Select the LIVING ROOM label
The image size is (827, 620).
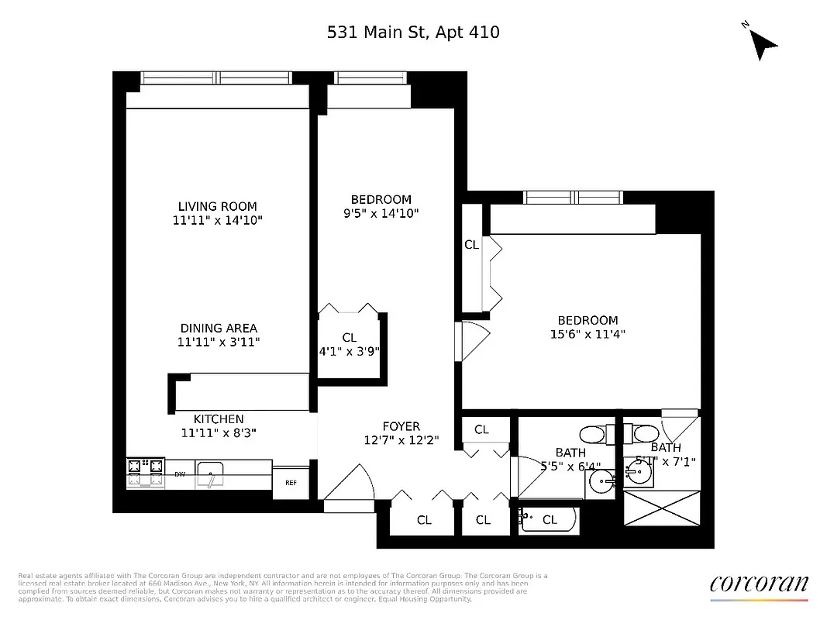pyautogui.click(x=217, y=206)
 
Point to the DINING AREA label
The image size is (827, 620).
pyautogui.click(x=219, y=328)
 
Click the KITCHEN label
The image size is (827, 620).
pyautogui.click(x=219, y=419)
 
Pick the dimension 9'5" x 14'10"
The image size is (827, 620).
pyautogui.click(x=381, y=213)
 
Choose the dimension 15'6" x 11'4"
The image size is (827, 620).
pyautogui.click(x=588, y=334)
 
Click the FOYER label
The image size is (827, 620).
pyautogui.click(x=401, y=426)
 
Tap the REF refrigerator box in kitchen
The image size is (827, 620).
pyautogui.click(x=291, y=482)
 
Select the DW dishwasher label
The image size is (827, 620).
pyautogui.click(x=179, y=474)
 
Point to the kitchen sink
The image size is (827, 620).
pyautogui.click(x=211, y=474)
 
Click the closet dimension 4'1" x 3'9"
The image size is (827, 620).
pyautogui.click(x=349, y=351)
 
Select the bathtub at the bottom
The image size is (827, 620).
pyautogui.click(x=548, y=519)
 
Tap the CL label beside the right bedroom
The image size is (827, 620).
pyautogui.click(x=471, y=244)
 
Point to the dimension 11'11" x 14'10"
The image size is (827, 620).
pyautogui.click(x=217, y=221)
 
